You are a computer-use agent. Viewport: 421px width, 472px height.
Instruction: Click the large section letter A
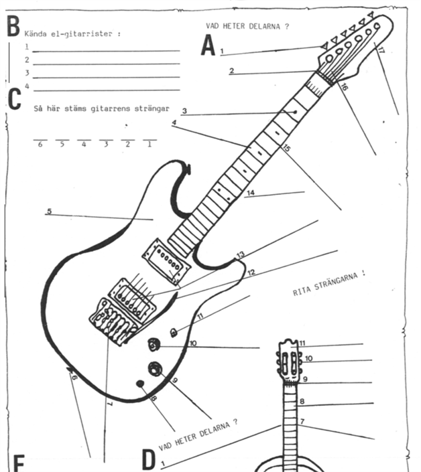click(x=208, y=45)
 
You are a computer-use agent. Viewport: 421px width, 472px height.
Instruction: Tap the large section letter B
click(x=13, y=26)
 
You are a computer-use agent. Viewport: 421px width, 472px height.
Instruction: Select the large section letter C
click(x=15, y=99)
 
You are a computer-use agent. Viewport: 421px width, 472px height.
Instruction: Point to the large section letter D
click(x=149, y=460)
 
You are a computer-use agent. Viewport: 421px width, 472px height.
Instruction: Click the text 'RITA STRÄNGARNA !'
click(x=329, y=283)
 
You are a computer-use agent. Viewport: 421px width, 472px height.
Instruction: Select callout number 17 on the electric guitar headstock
click(x=380, y=50)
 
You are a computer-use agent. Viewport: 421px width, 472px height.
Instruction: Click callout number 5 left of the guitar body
click(x=50, y=211)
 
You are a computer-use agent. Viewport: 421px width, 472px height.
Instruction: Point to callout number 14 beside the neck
click(x=251, y=193)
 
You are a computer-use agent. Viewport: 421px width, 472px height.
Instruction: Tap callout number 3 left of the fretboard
click(x=184, y=110)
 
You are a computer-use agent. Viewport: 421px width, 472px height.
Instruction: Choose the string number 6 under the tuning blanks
click(x=40, y=145)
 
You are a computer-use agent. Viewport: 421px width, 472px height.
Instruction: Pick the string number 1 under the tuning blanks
click(x=149, y=145)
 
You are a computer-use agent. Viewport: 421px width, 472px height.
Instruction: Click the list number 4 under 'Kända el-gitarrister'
click(x=27, y=86)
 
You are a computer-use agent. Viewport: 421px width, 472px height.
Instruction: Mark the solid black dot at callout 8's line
click(x=140, y=384)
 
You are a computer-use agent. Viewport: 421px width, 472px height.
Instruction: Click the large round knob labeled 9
click(x=156, y=369)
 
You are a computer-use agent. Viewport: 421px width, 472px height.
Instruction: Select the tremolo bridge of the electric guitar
click(x=113, y=322)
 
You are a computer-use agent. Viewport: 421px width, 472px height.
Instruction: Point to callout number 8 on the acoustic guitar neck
click(x=302, y=401)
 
